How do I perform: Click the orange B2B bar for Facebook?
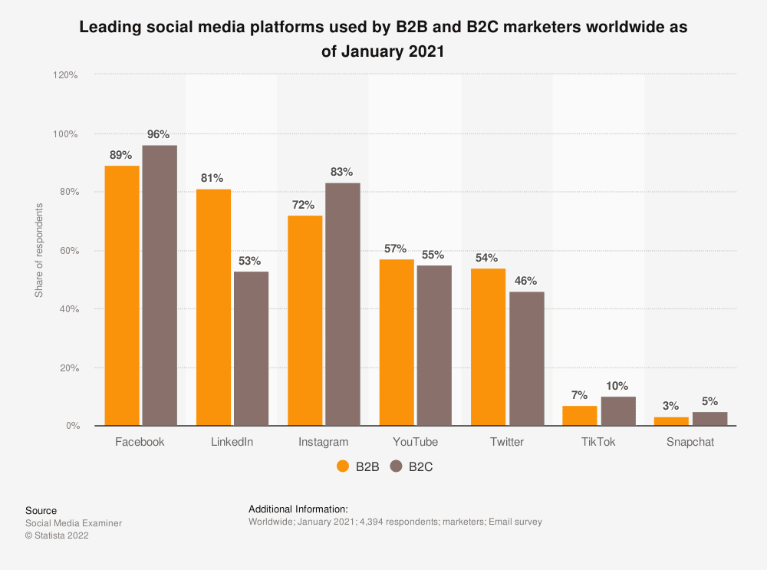(x=122, y=295)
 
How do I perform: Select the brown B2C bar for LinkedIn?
(x=251, y=348)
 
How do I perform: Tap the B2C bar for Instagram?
(x=343, y=304)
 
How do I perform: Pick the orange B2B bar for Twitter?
(x=489, y=347)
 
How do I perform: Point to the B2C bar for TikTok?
(x=617, y=411)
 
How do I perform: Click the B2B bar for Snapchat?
(x=671, y=421)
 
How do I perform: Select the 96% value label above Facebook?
(x=158, y=134)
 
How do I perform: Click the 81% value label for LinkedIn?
(x=212, y=178)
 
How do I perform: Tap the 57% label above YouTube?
(x=396, y=249)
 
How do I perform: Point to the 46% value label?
(x=526, y=281)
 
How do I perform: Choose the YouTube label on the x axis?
(x=415, y=442)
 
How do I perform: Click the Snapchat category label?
(x=690, y=442)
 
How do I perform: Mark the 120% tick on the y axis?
(x=65, y=75)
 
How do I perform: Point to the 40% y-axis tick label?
(x=67, y=309)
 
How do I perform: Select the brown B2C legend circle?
(x=397, y=466)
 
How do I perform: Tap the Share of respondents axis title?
(x=39, y=251)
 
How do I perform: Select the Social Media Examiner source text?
(x=74, y=523)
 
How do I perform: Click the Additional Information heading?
(x=298, y=509)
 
